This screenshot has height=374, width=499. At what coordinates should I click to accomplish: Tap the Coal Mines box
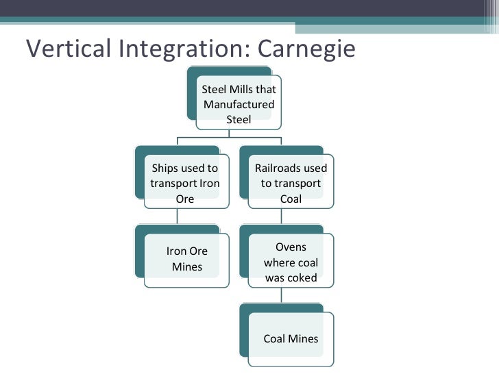click(x=291, y=338)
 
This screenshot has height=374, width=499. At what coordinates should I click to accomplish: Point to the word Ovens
click(x=291, y=247)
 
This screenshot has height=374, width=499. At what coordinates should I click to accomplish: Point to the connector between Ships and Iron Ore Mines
click(x=178, y=216)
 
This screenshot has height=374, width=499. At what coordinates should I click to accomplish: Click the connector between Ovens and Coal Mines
click(x=282, y=295)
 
